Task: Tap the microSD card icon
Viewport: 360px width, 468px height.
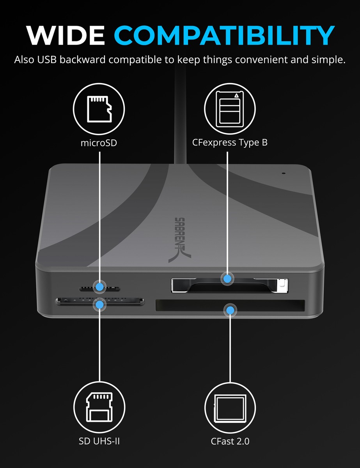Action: coord(99,108)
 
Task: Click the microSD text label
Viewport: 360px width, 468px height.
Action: coord(99,143)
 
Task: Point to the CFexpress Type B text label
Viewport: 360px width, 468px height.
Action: coord(230,143)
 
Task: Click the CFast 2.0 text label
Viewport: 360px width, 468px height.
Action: coord(230,441)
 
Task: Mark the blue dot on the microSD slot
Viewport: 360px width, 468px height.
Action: coord(100,287)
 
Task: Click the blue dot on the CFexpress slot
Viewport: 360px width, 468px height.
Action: coord(227,278)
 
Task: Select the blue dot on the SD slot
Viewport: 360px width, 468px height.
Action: coord(100,304)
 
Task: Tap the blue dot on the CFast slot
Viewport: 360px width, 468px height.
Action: coord(230,310)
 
